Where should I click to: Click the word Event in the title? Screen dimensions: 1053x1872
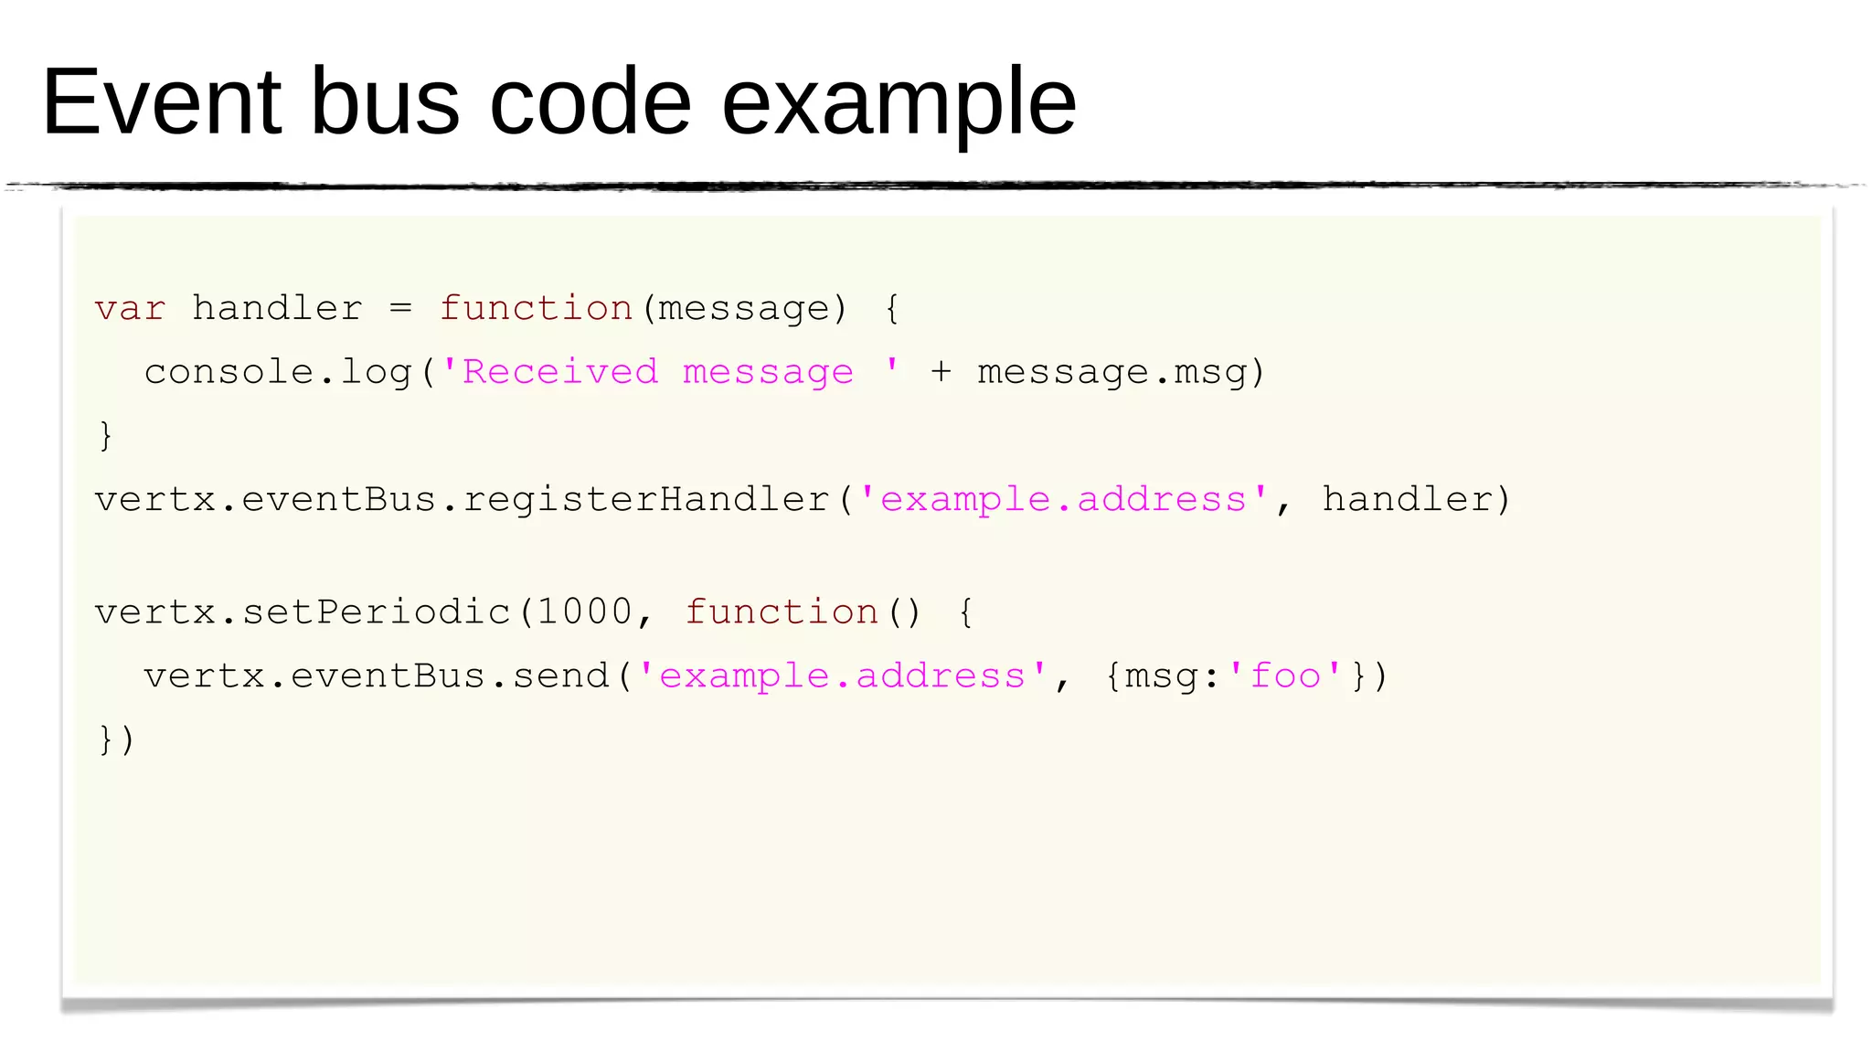tap(161, 102)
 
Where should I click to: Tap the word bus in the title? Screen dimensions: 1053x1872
tap(385, 102)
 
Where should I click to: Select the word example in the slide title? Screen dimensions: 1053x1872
tap(899, 102)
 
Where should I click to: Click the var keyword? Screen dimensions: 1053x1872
tap(130, 309)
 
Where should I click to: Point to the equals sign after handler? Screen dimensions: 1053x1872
tap(400, 309)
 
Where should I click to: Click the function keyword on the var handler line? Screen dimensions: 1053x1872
tap(537, 309)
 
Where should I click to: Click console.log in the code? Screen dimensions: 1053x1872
tap(278, 373)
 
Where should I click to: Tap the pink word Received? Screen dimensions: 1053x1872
tap(560, 373)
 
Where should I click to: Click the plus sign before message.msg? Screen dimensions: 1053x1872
tap(941, 373)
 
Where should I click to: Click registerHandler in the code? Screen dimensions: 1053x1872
tap(646, 500)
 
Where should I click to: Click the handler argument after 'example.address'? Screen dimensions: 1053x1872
tap(1407, 500)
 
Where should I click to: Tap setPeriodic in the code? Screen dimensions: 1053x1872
tap(376, 612)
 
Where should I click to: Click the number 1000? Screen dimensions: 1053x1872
tap(585, 612)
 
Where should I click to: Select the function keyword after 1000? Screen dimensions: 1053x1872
tap(782, 612)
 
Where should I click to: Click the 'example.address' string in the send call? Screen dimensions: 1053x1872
tap(842, 677)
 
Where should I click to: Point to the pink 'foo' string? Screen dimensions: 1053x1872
tap(1285, 677)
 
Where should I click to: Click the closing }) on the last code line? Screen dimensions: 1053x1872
tap(116, 739)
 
